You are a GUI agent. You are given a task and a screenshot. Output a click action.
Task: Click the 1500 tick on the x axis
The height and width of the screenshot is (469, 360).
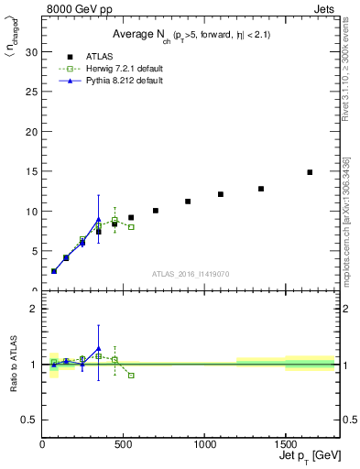[x=285, y=444]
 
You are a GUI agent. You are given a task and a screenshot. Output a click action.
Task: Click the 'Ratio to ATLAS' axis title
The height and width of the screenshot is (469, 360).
[x=13, y=364]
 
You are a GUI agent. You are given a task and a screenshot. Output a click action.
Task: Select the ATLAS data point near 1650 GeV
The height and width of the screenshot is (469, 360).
[x=310, y=172]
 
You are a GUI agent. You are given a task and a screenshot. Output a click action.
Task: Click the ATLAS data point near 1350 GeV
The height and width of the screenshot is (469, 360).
[x=261, y=189]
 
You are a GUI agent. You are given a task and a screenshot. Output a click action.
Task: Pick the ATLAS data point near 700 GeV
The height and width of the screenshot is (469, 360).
[x=156, y=211]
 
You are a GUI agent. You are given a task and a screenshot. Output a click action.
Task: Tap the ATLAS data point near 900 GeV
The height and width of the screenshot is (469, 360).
[x=188, y=202]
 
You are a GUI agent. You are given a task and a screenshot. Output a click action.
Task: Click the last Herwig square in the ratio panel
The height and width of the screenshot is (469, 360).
[x=131, y=376]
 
